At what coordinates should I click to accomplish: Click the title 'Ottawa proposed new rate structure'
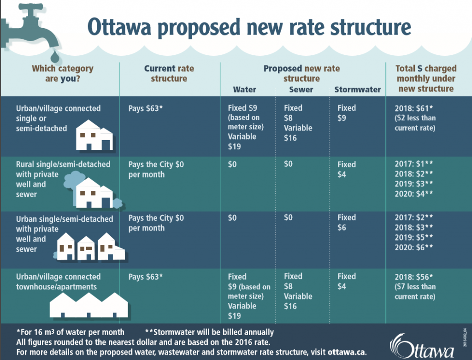pos(249,27)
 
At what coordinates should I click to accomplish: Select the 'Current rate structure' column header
pos(169,73)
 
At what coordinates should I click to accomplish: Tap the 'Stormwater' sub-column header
pos(358,89)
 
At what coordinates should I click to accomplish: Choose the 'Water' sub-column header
pos(244,89)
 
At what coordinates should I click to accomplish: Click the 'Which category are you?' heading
pos(62,73)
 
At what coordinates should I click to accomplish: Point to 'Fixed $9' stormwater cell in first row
pos(347,113)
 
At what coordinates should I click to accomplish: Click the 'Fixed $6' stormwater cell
pos(347,223)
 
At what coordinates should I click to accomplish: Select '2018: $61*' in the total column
pos(413,108)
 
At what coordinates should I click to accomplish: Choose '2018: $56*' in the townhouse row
pos(413,277)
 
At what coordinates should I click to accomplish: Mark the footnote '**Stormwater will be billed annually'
pos(209,332)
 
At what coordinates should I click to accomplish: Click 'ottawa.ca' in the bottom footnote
pos(347,352)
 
